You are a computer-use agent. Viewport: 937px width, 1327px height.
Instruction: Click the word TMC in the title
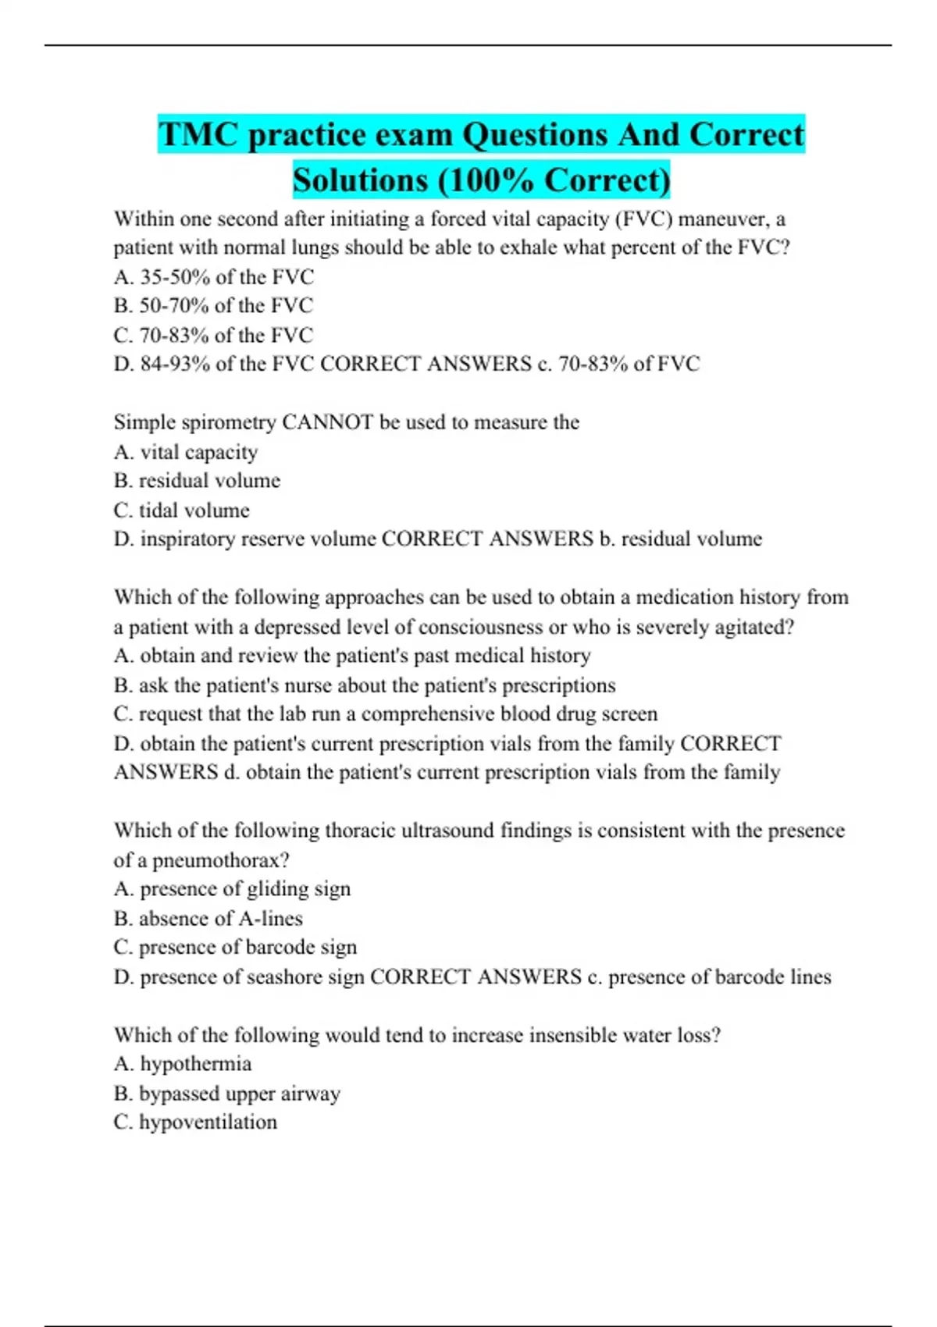(x=198, y=134)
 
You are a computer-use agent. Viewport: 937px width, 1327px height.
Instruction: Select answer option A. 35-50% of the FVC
(x=213, y=277)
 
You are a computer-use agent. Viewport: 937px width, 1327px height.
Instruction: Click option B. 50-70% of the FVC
(x=213, y=306)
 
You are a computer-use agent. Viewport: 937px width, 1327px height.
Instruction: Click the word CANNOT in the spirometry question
(x=327, y=422)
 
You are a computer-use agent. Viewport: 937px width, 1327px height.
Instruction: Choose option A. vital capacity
(x=186, y=452)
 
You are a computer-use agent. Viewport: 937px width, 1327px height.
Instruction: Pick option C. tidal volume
(x=182, y=511)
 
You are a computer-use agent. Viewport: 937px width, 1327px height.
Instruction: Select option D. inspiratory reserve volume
(x=244, y=539)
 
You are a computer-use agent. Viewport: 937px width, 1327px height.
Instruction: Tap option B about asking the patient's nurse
(x=364, y=685)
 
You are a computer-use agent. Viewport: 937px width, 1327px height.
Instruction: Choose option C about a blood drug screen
(x=385, y=714)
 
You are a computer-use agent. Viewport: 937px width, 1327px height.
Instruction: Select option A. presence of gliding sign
(x=232, y=889)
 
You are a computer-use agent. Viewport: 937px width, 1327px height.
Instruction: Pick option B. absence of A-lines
(x=208, y=919)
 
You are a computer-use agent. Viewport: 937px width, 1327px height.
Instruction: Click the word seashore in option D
(x=282, y=977)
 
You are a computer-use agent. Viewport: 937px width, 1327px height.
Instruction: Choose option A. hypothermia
(x=183, y=1064)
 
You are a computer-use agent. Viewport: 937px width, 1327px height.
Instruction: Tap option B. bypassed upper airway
(x=226, y=1094)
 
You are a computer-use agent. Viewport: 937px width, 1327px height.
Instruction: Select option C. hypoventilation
(x=195, y=1122)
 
